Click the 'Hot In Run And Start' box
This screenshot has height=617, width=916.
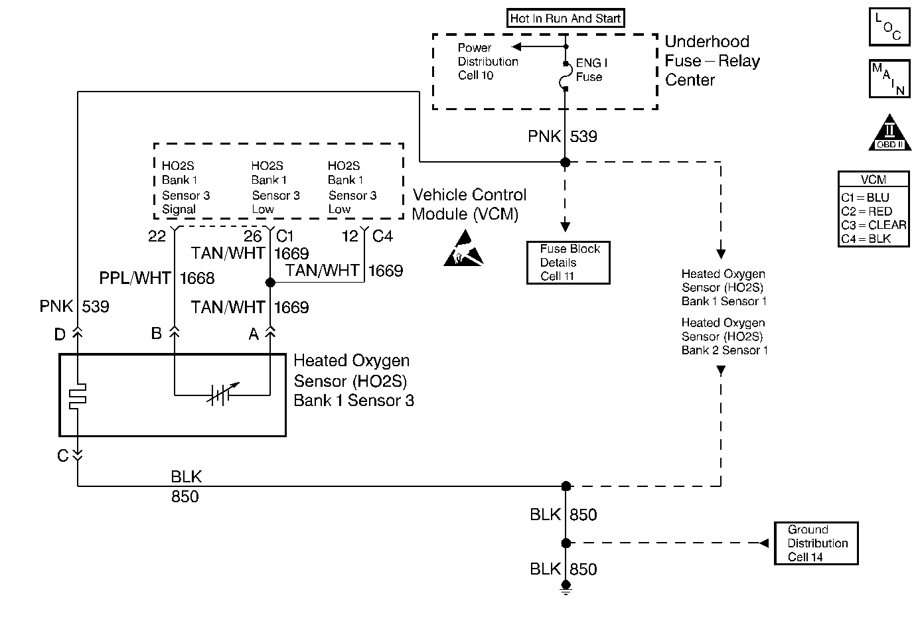point(566,19)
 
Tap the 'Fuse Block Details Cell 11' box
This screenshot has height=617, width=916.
point(568,263)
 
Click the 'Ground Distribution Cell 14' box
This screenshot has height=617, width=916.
point(816,543)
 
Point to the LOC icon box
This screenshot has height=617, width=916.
point(888,27)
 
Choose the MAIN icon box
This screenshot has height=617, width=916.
point(888,78)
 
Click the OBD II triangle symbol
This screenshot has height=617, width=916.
point(889,133)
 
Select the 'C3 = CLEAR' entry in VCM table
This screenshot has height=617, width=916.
point(874,225)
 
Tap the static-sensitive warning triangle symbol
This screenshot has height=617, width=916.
point(463,249)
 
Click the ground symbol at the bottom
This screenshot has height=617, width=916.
point(566,586)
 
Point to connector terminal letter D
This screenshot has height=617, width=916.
point(60,334)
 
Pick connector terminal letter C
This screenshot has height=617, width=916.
point(62,456)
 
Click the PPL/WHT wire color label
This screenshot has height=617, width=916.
point(135,278)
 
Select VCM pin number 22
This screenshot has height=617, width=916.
point(157,236)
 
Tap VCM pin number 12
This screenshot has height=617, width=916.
point(350,236)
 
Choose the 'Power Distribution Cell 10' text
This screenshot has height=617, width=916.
point(487,62)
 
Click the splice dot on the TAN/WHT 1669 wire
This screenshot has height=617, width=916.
point(270,283)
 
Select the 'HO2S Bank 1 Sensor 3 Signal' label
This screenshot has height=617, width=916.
point(186,188)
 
